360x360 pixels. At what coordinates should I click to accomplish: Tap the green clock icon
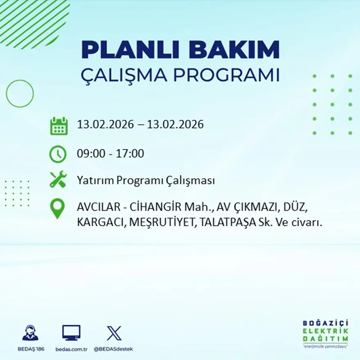pyautogui.click(x=58, y=154)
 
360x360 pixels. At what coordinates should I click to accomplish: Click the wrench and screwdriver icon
pyautogui.click(x=58, y=180)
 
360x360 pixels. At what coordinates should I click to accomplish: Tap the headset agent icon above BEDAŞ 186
pyautogui.click(x=31, y=333)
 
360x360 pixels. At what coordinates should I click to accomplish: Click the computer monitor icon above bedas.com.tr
pyautogui.click(x=72, y=333)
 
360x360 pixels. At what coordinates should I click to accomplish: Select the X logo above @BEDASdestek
pyautogui.click(x=114, y=333)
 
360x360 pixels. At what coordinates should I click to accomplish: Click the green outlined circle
pyautogui.click(x=20, y=94)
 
